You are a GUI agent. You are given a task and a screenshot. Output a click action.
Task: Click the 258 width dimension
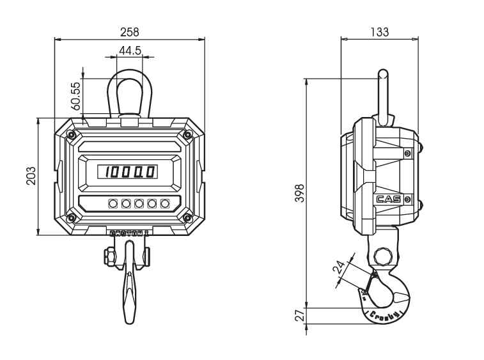point(130,31)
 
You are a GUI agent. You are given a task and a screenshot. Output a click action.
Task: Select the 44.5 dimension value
point(130,50)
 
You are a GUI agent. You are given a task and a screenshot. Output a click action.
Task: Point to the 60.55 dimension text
point(75,95)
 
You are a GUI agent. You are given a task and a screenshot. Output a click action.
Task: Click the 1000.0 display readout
point(130,171)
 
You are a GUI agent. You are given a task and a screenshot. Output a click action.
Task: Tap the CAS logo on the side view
point(389,199)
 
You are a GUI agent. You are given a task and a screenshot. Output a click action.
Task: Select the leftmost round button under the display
point(113,203)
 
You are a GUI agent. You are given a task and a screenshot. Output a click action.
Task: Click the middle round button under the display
point(139,203)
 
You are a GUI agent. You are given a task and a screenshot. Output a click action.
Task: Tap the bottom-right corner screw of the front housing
point(187,217)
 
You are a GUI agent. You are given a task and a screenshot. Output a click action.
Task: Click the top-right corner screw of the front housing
point(187,134)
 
